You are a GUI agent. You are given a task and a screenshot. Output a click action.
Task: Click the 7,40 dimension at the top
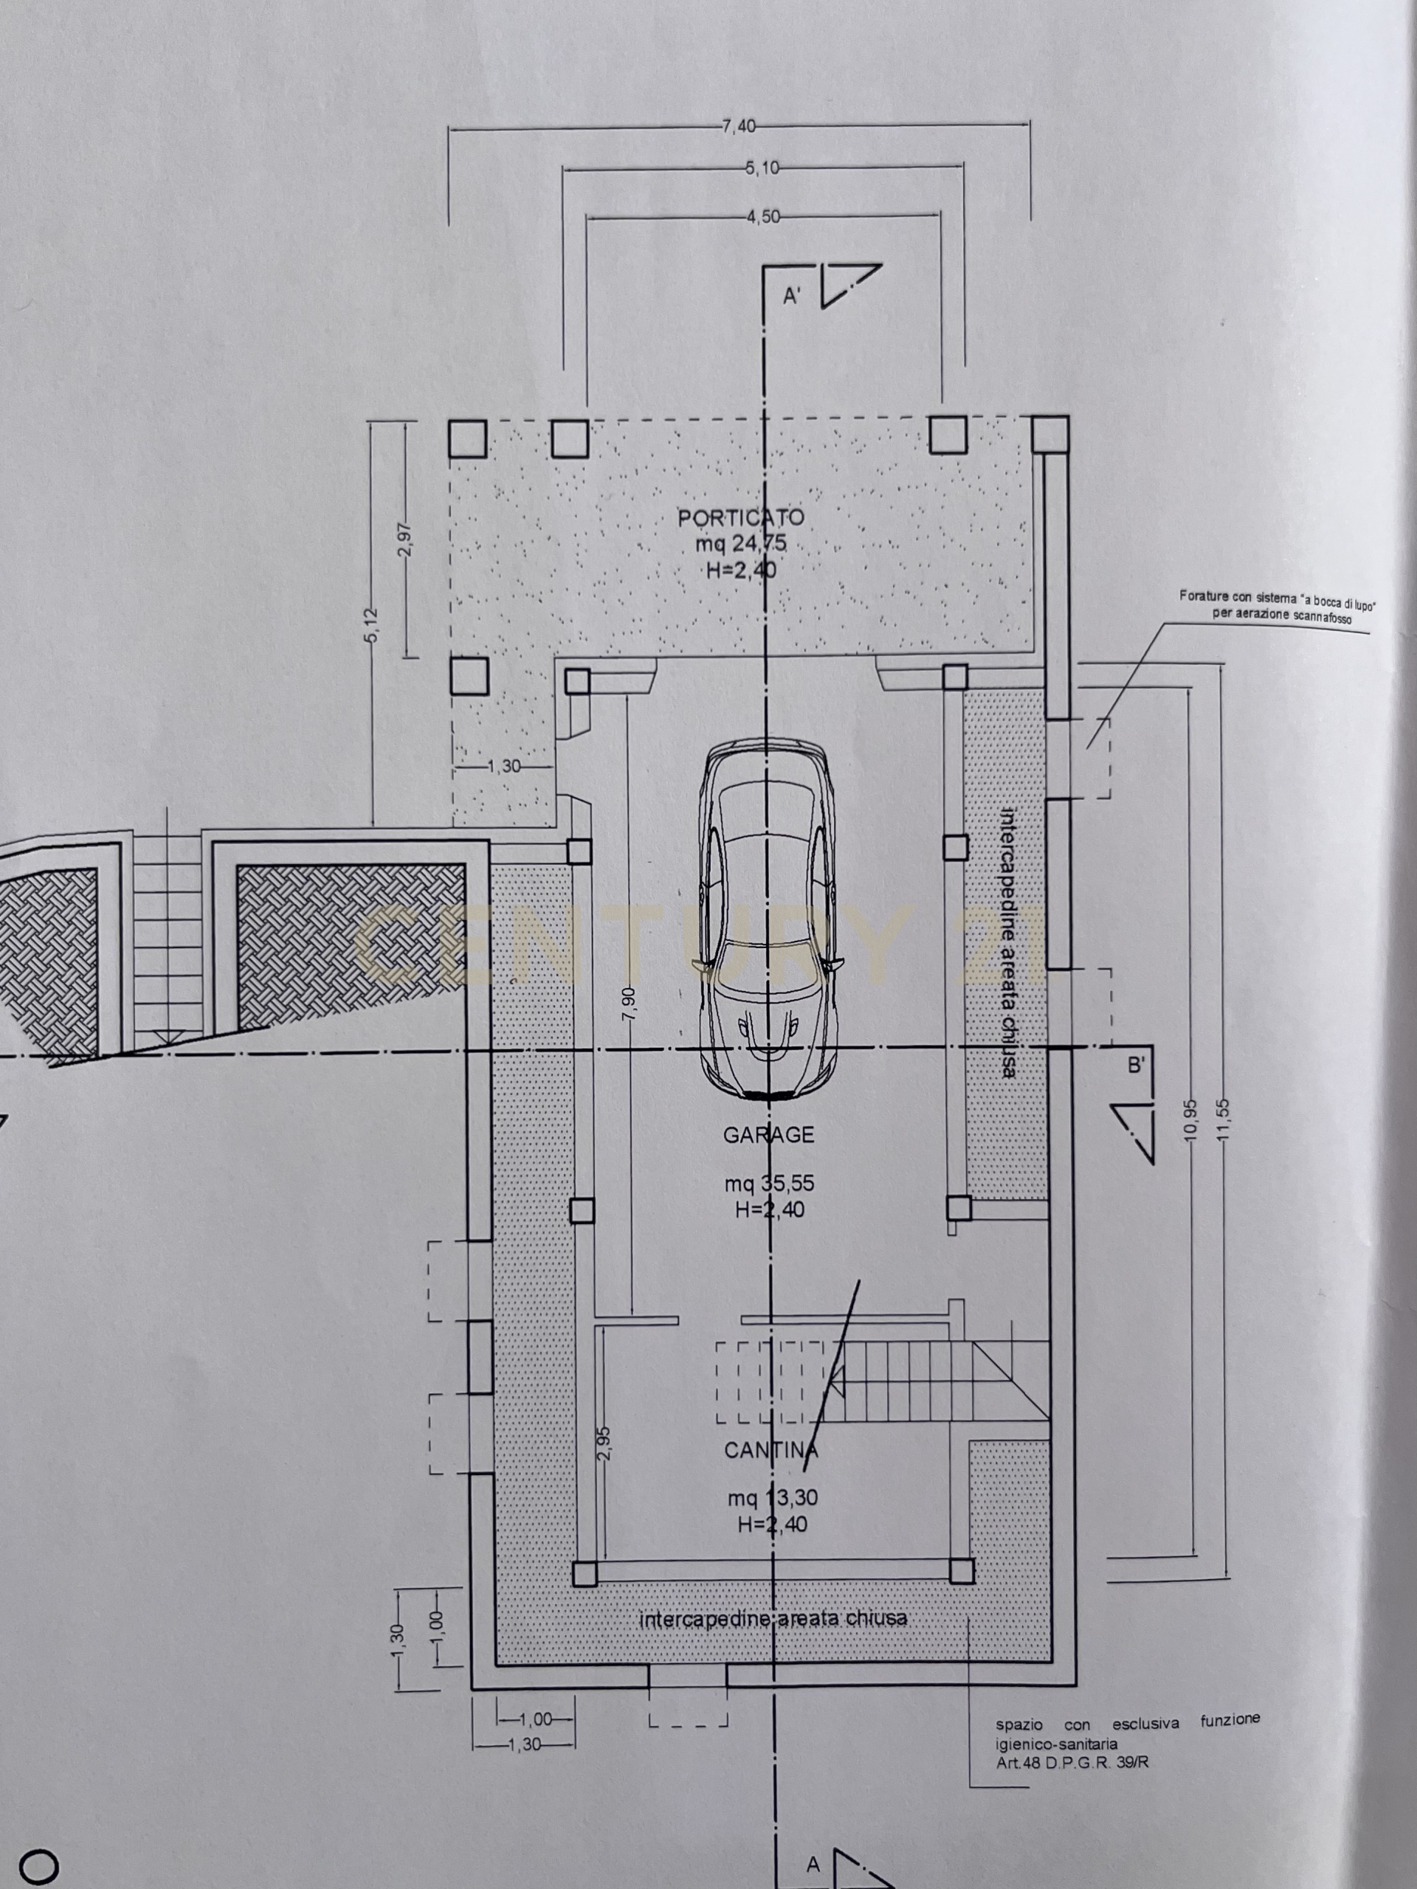[739, 126]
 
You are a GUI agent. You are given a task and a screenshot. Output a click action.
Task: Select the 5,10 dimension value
[762, 169]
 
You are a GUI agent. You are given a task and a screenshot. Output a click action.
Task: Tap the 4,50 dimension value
[762, 217]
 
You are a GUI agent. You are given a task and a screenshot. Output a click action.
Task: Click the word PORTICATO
[740, 517]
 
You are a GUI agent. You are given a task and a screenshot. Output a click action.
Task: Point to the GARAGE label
[769, 1135]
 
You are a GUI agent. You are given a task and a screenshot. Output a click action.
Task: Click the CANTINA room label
[771, 1450]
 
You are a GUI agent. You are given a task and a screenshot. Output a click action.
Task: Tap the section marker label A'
[792, 297]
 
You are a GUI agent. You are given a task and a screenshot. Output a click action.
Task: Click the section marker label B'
[1136, 1066]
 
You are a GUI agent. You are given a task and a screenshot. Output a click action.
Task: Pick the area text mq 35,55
[770, 1184]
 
